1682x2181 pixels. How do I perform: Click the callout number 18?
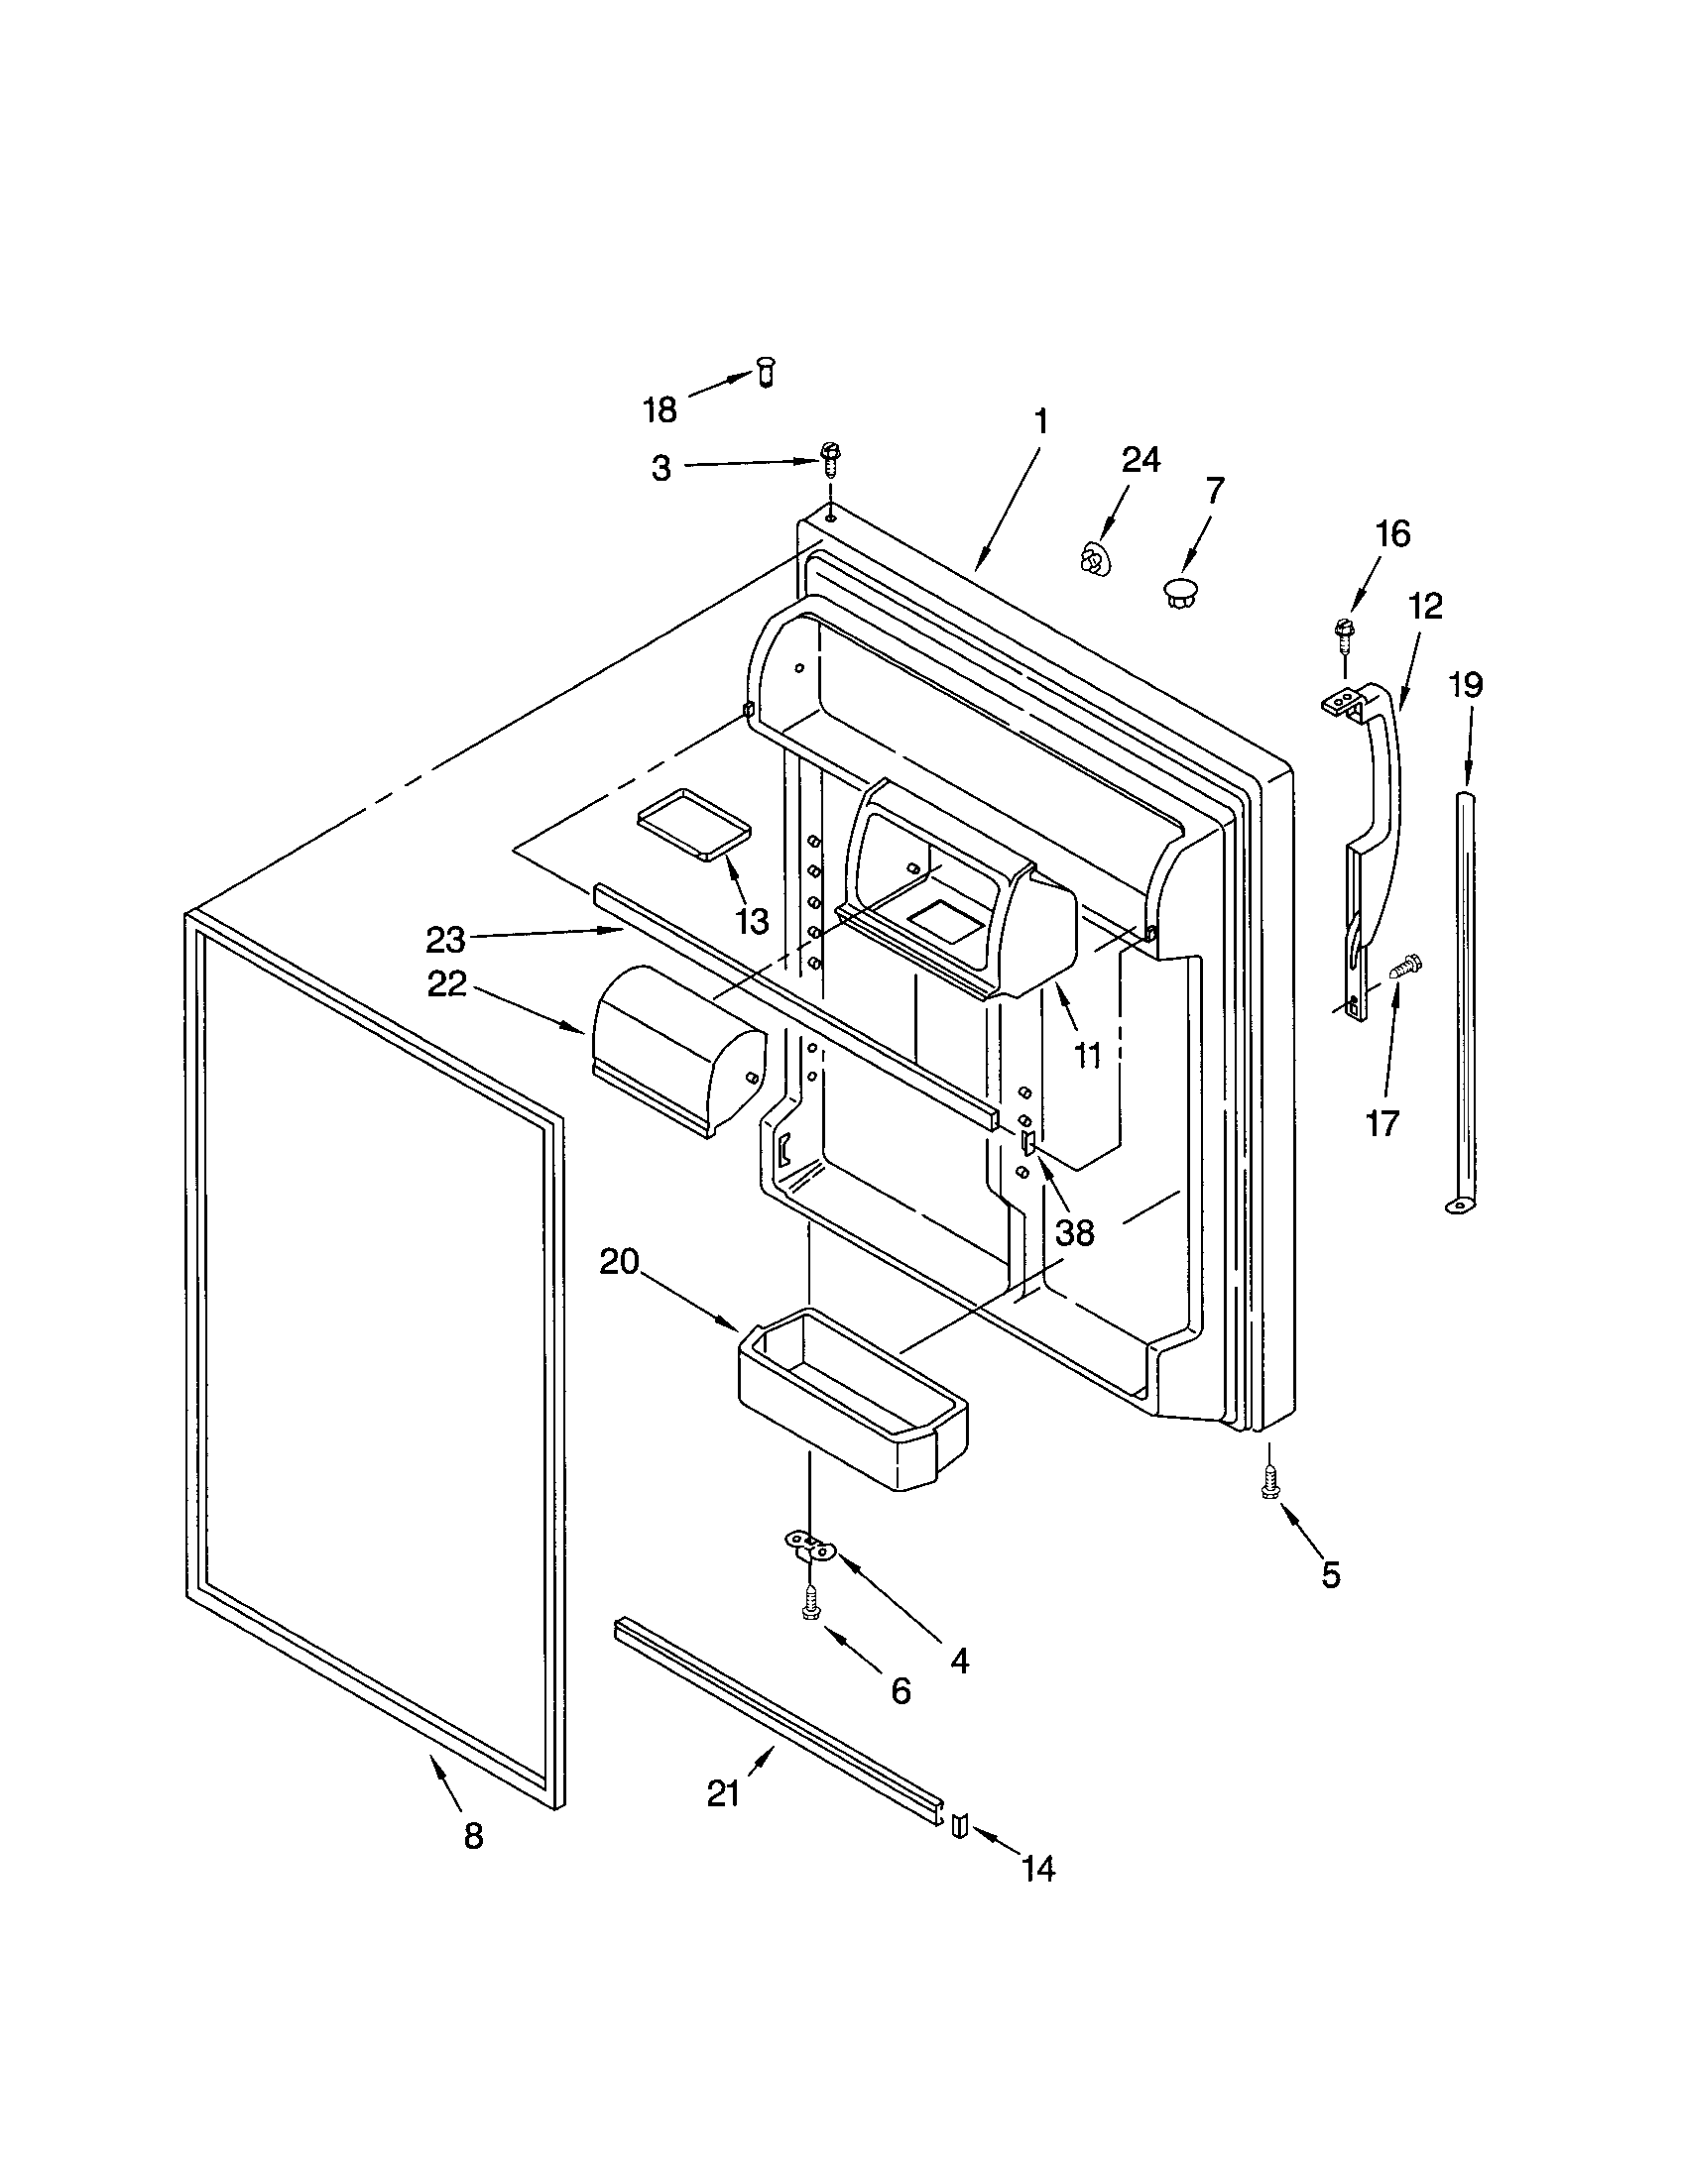(x=661, y=409)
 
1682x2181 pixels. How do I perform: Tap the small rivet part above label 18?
(x=766, y=372)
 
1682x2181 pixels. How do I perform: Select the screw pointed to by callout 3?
(x=828, y=456)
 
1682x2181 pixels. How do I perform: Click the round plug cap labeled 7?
(x=1179, y=590)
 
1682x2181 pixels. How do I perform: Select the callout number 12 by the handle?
(x=1425, y=606)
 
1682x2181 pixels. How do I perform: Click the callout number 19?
(x=1466, y=685)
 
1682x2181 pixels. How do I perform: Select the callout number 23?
(x=445, y=940)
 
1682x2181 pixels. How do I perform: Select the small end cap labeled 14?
(x=960, y=1824)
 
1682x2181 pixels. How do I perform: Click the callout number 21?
(x=723, y=1794)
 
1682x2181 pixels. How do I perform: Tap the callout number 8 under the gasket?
(x=473, y=1835)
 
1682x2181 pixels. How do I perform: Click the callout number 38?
(x=1075, y=1232)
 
